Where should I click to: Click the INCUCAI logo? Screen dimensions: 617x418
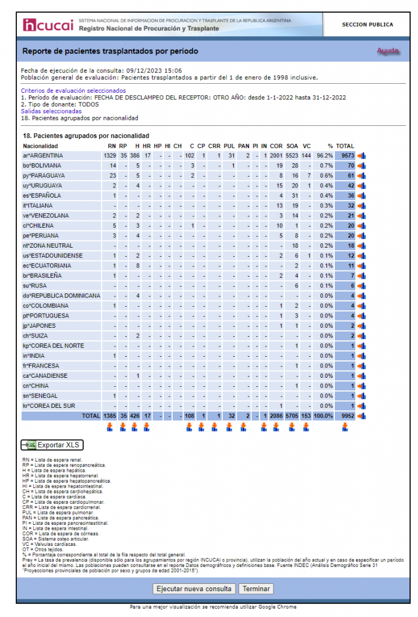point(48,25)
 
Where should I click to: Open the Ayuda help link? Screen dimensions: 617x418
point(388,51)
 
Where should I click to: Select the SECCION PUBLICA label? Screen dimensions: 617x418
point(367,25)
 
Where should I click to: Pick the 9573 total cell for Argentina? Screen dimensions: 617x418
point(345,155)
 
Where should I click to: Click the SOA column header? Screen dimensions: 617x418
point(292,146)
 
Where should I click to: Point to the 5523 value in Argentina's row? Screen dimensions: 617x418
point(292,155)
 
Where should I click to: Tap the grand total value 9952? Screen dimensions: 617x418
point(345,416)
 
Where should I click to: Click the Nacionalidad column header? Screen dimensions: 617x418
point(40,146)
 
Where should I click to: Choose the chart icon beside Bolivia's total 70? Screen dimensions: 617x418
point(362,166)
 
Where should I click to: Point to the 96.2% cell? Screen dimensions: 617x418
point(325,155)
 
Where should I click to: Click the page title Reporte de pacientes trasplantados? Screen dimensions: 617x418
point(110,51)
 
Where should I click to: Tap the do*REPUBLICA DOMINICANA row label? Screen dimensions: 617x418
point(61,296)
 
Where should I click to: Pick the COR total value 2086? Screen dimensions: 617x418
point(276,416)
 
